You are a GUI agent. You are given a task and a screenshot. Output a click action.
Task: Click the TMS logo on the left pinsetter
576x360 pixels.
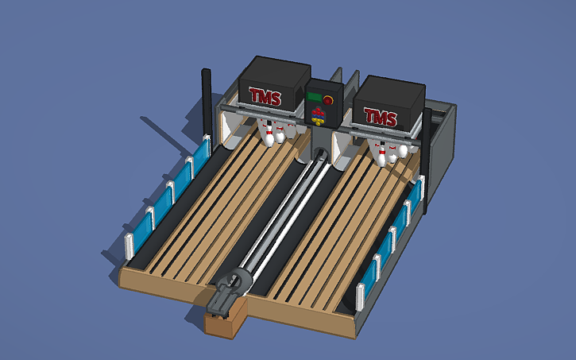click(x=265, y=96)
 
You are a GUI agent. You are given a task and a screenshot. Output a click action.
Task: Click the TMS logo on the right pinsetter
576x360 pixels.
click(x=380, y=117)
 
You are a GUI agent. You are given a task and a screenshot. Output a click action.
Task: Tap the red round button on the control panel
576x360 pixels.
click(x=328, y=101)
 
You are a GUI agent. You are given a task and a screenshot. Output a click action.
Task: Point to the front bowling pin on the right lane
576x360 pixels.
click(x=383, y=158)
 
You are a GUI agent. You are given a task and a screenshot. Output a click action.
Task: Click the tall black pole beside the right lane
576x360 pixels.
click(x=427, y=159)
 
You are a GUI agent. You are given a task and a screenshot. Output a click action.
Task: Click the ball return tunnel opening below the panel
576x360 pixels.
click(x=321, y=154)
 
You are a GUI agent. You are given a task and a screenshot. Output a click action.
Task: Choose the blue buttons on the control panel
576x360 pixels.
click(x=317, y=117)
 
